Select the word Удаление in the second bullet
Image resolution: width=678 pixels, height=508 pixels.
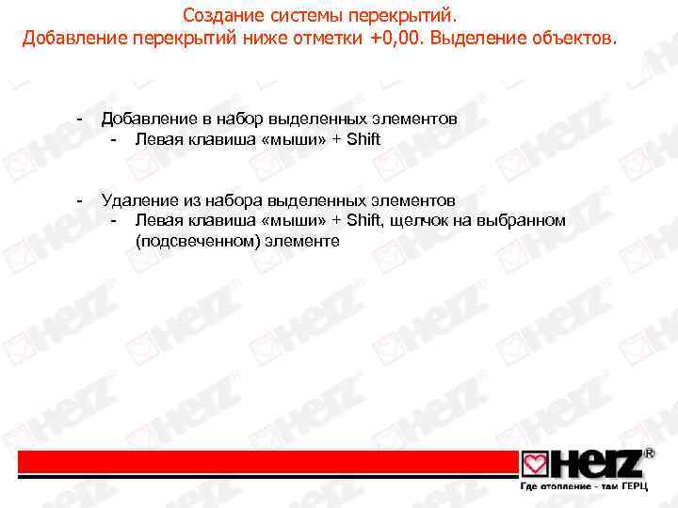(137, 200)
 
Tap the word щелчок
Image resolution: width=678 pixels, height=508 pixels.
(420, 220)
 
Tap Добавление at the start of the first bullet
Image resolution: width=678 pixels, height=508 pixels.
(146, 119)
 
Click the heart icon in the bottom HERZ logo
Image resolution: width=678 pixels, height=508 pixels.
(535, 466)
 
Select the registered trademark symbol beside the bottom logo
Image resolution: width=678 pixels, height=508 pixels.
(649, 453)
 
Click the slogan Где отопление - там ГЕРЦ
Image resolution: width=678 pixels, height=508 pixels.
(584, 490)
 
